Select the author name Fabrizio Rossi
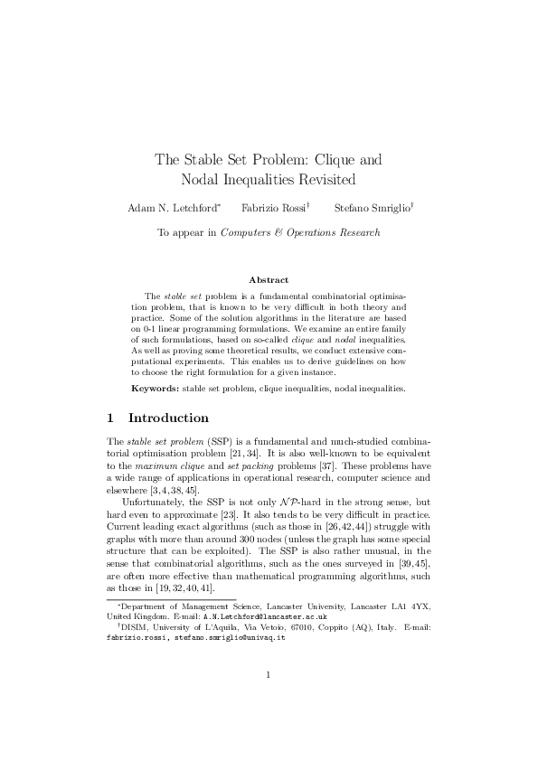[x=274, y=208]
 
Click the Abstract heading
[x=269, y=280]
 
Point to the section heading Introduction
[x=169, y=418]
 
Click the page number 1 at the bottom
[x=269, y=699]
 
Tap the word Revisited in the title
[x=317, y=179]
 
